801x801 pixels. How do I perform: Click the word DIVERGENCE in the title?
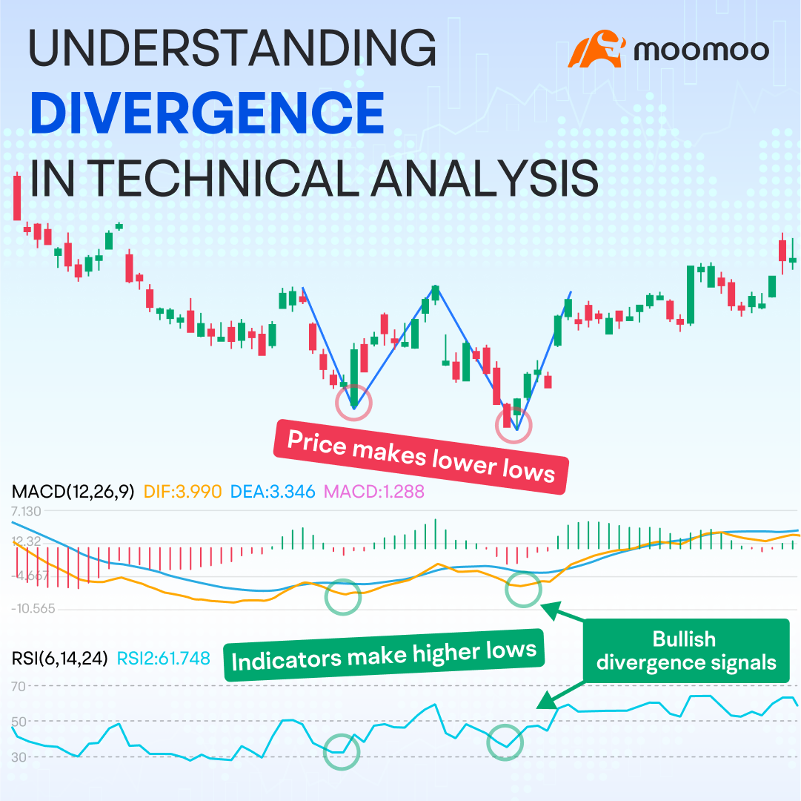click(207, 113)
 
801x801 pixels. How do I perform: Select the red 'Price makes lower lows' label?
click(421, 457)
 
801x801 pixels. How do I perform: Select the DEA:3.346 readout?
click(273, 491)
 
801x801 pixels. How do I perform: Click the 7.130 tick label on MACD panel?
click(27, 511)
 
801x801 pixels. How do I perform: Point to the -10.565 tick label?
click(33, 608)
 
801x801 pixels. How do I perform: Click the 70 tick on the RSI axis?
click(18, 687)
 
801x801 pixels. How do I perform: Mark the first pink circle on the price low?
click(353, 403)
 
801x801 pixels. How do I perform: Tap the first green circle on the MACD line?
click(342, 596)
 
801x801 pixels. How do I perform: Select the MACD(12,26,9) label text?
click(73, 491)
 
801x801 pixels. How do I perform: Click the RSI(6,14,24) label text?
click(60, 657)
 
